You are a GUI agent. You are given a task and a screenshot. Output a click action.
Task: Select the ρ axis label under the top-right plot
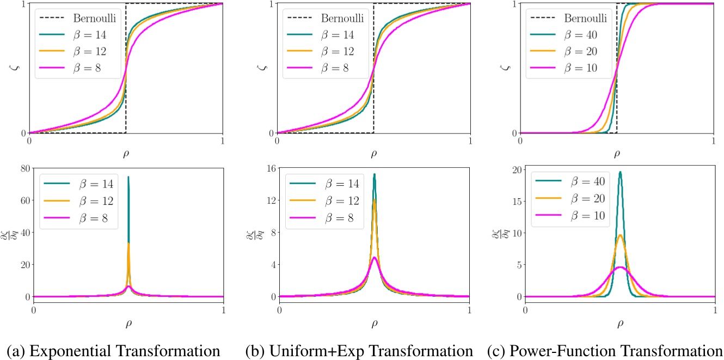[x=617, y=154]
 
